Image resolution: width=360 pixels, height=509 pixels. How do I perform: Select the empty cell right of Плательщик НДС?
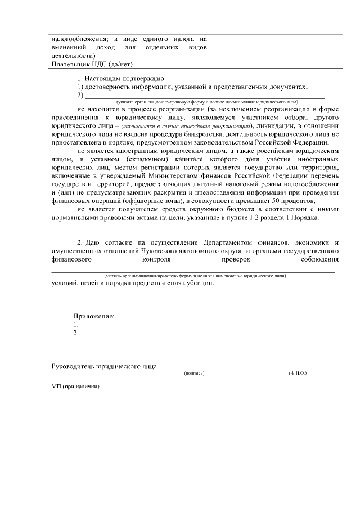tap(276, 64)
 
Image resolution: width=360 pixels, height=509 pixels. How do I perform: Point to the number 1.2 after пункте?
tap(262, 217)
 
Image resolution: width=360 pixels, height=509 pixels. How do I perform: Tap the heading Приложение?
tap(94, 316)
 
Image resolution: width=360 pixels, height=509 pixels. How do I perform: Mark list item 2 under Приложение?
tap(76, 333)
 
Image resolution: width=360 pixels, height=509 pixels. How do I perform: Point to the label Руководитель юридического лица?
tap(104, 366)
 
